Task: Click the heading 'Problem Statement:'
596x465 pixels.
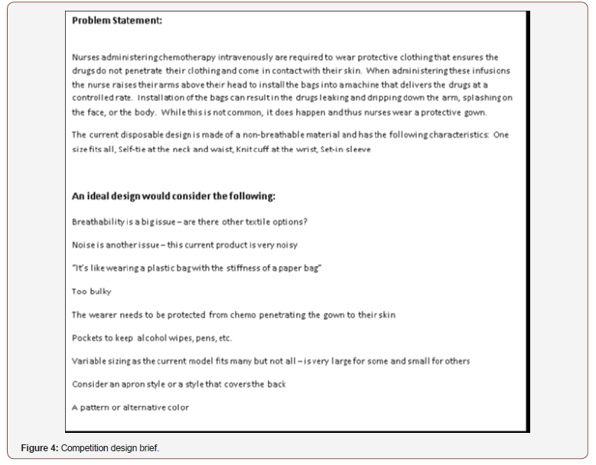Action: [x=116, y=21]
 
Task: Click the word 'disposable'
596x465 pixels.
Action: [x=150, y=135]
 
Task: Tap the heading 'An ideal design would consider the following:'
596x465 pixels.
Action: [x=174, y=196]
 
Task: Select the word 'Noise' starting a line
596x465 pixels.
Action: [x=83, y=245]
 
